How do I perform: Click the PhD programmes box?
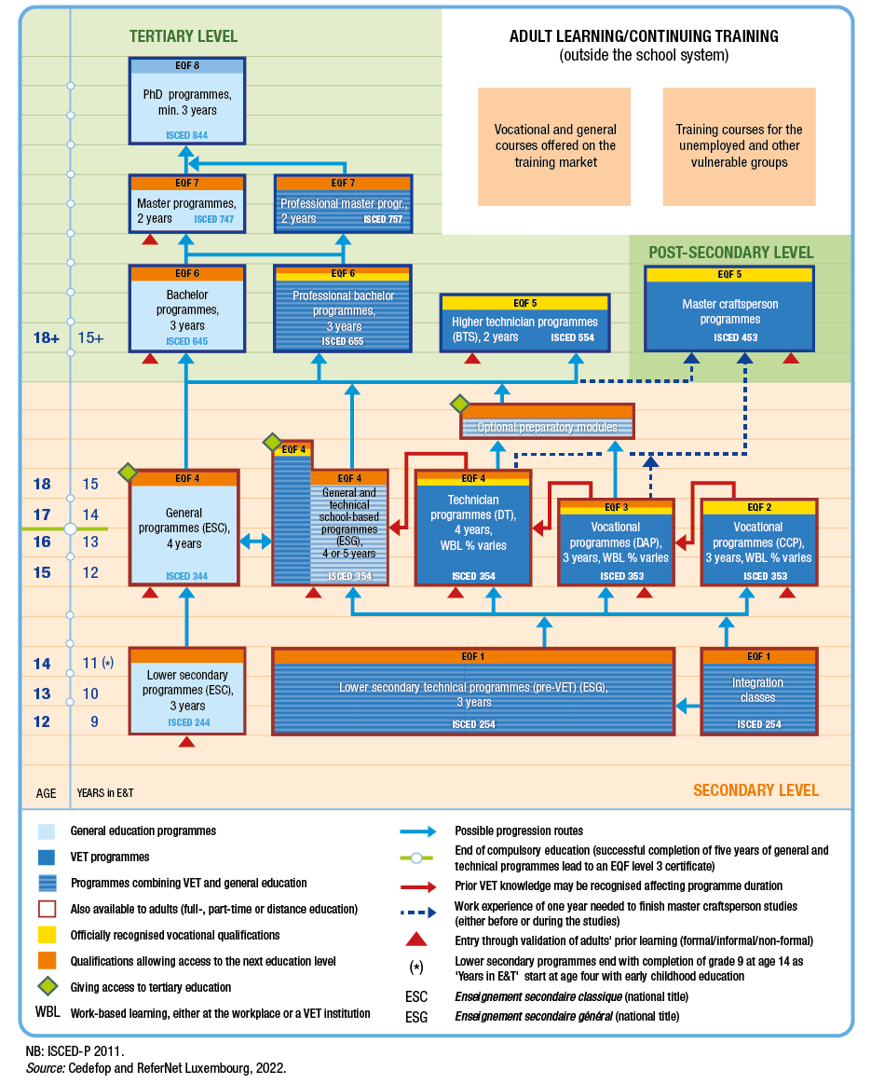186,103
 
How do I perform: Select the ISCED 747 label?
214,220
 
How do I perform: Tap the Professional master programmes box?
344,211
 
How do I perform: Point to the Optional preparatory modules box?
547,427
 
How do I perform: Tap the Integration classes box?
757,695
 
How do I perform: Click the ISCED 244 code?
186,722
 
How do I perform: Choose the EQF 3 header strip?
616,507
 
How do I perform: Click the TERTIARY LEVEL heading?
184,37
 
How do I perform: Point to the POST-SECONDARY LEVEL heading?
730,253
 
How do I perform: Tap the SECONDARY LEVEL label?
755,790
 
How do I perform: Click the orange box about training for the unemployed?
739,146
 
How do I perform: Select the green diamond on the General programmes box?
129,473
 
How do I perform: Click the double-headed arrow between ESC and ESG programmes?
255,541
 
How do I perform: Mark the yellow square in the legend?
48,934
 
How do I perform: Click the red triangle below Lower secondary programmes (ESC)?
186,742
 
